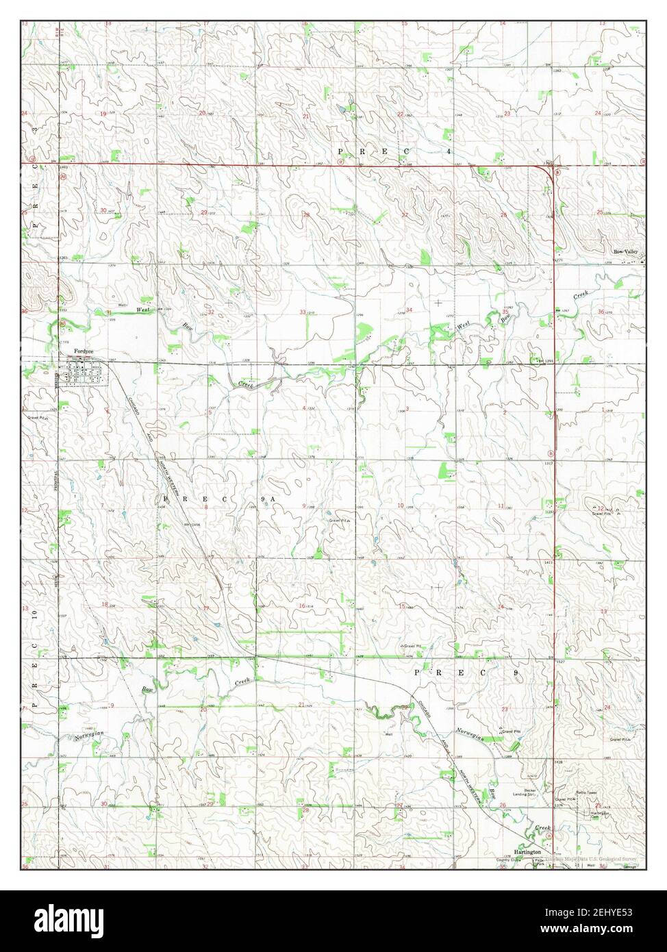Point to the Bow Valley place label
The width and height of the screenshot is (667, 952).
point(625,251)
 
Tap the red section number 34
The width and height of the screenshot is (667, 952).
point(410,310)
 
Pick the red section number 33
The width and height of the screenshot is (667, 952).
point(303,312)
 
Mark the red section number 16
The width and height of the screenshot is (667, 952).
point(301,606)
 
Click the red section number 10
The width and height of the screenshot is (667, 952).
point(401,505)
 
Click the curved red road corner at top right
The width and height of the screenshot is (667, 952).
point(549,171)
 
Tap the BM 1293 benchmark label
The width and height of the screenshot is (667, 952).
point(544,361)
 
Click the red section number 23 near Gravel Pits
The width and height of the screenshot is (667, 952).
point(505,709)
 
